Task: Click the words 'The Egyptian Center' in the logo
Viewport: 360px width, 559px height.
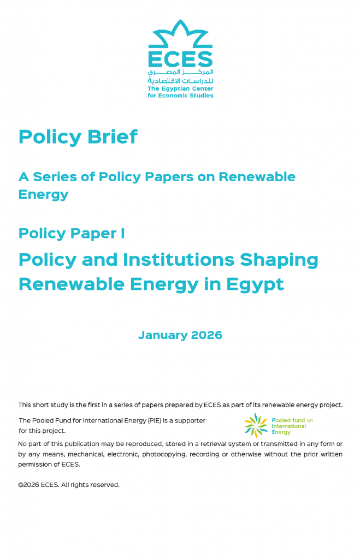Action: pos(180,88)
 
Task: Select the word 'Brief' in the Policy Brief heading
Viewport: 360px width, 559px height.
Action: pos(111,136)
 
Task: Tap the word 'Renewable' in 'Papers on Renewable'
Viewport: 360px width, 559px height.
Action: pos(257,177)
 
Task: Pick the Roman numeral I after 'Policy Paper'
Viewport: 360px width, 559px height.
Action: pos(122,234)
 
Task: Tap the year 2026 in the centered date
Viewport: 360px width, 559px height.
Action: pos(206,335)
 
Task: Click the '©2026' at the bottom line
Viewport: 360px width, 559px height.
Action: pos(28,485)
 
